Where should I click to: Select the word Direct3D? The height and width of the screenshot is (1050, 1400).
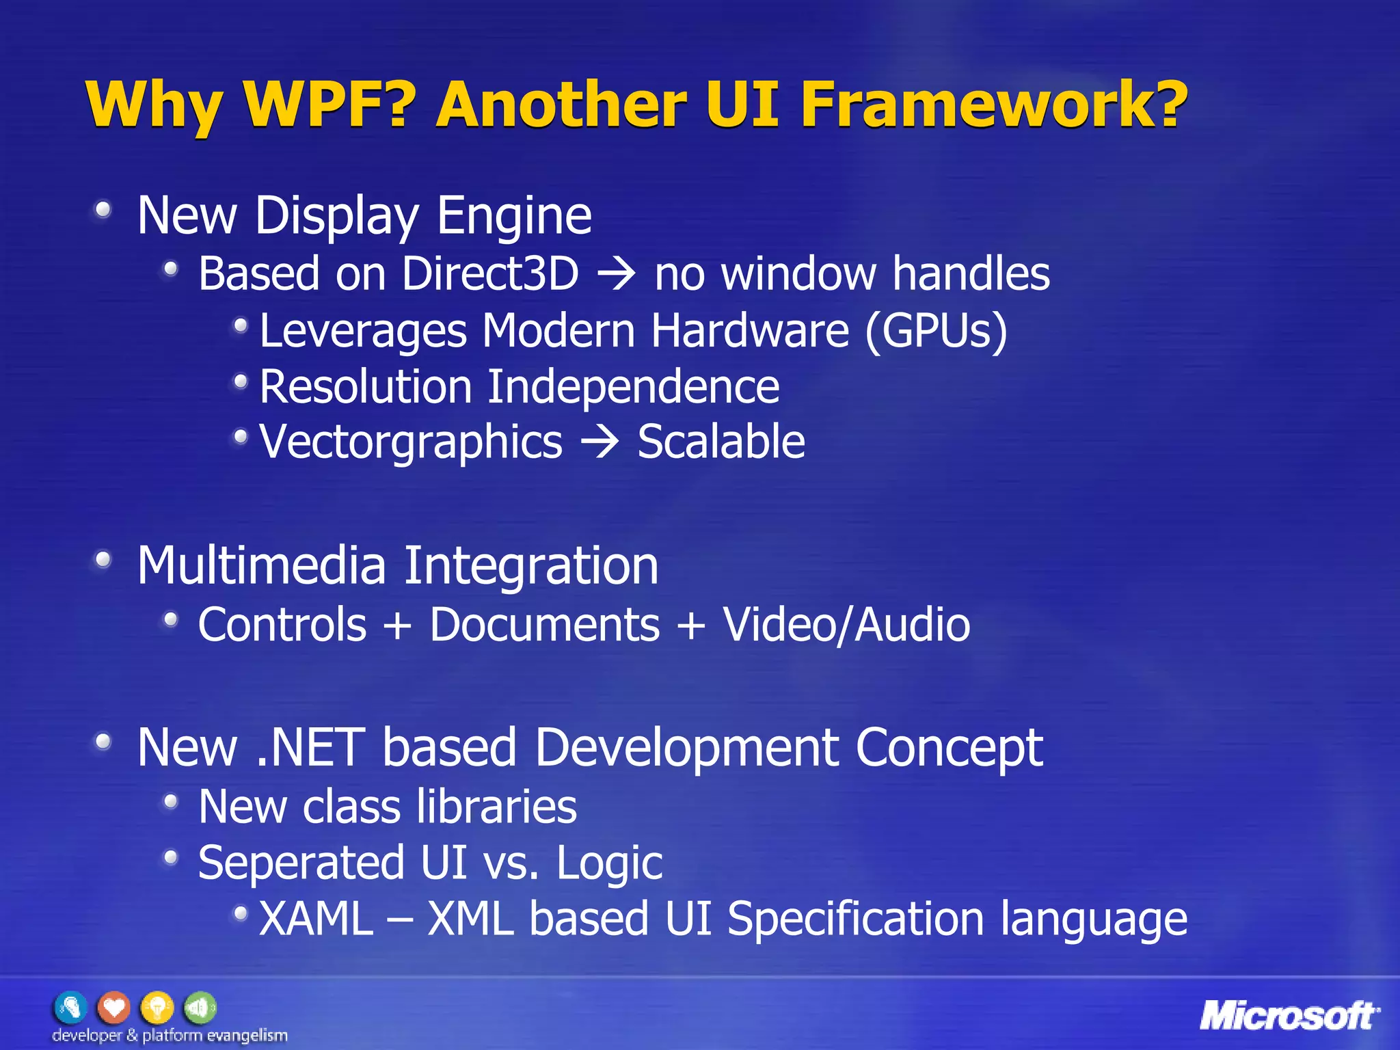tap(490, 274)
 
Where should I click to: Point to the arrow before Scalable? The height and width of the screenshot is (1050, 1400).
tap(600, 442)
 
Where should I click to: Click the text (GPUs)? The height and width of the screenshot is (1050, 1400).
tap(936, 332)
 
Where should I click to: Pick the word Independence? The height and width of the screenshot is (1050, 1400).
tap(633, 387)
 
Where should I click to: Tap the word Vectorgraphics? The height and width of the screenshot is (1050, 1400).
tap(411, 442)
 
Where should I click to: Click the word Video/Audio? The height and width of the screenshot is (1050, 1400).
tap(846, 625)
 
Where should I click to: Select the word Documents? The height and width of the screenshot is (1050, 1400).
tap(545, 625)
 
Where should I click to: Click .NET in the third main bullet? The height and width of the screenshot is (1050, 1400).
tap(310, 747)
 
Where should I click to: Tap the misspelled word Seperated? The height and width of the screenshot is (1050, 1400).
tap(301, 863)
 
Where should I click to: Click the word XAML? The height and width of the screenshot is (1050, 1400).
tap(316, 919)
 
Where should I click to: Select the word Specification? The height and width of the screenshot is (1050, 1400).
tap(855, 919)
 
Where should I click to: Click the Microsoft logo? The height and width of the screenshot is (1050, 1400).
tap(1289, 1016)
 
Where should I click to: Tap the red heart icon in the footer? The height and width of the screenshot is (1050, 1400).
tap(113, 1007)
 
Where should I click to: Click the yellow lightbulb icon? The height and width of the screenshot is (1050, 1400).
tap(157, 1007)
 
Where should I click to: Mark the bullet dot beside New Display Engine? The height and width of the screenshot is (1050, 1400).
tap(103, 210)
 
